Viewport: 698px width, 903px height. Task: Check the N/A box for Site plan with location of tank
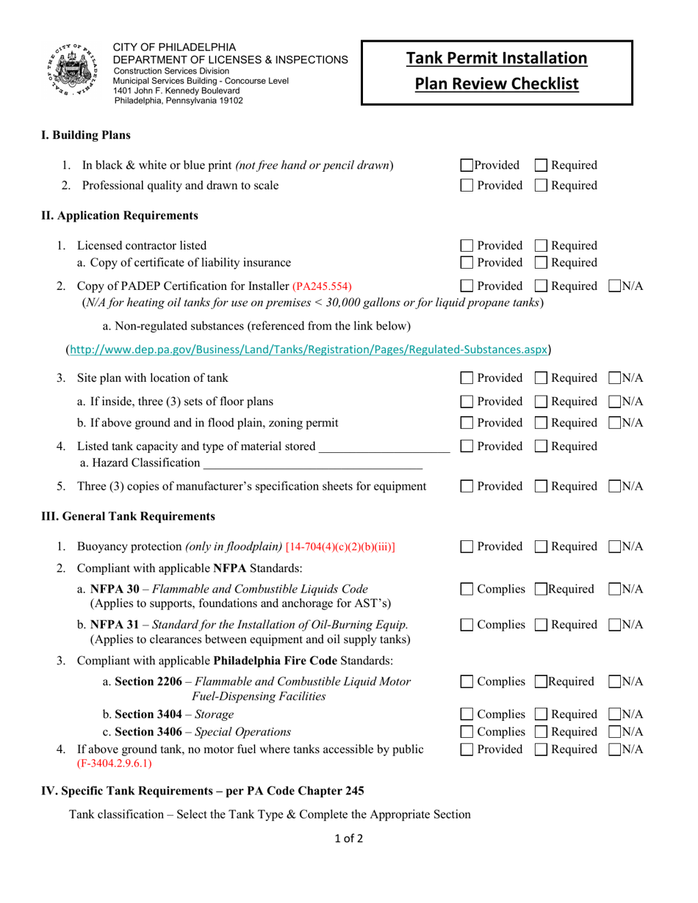coord(613,379)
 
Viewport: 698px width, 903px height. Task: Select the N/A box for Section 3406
coord(613,731)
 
